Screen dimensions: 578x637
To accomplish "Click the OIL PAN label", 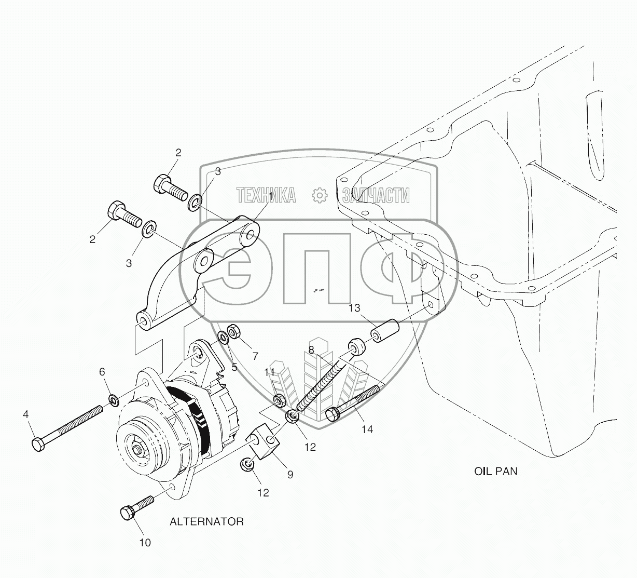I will coord(495,472).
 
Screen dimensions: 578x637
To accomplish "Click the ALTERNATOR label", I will coord(206,521).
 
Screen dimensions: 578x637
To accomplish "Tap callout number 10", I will coord(145,543).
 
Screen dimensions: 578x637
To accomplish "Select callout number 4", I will coord(25,414).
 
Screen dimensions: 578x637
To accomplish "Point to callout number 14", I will coord(367,429).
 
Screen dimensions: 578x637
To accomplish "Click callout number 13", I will coord(354,308).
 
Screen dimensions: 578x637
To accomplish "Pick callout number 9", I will coord(290,474).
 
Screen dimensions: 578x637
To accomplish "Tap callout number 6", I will coord(102,371).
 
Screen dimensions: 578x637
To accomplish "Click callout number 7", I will coord(255,356).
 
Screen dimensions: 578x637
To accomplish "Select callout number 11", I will coord(270,372).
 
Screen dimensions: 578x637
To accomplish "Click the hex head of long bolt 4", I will coord(37,445).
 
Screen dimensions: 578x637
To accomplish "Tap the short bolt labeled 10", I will coord(136,507).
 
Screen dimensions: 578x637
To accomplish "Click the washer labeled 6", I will coord(113,400).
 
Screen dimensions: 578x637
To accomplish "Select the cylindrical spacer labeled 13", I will coord(384,332).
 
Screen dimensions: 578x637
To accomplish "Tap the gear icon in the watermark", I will coord(320,195).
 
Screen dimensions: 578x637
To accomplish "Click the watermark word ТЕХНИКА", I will coord(266,195).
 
